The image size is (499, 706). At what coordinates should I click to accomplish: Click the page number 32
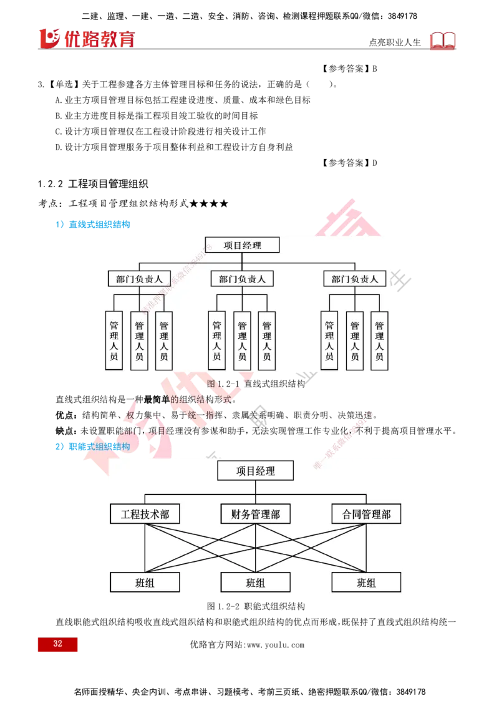[x=57, y=644]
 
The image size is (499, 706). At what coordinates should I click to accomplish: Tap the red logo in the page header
[x=87, y=38]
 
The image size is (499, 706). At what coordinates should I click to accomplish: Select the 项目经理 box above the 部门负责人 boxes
[x=242, y=245]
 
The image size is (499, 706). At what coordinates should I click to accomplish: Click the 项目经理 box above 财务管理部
[x=255, y=471]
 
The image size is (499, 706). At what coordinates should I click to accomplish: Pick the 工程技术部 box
[x=145, y=515]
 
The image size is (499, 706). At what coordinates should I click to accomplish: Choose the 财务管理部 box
[x=255, y=515]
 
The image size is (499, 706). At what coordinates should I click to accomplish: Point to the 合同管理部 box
[x=366, y=515]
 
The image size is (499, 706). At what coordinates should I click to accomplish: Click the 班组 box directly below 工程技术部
[x=145, y=583]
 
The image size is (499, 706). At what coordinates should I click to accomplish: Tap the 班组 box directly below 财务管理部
[x=255, y=583]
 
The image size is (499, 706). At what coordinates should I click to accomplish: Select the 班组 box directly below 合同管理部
[x=366, y=583]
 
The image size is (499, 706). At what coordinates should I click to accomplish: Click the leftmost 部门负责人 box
[x=135, y=279]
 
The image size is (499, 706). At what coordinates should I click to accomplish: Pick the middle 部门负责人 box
[x=242, y=279]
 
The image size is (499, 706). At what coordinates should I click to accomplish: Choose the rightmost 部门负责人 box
[x=355, y=279]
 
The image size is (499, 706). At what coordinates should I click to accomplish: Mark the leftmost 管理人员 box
[x=114, y=341]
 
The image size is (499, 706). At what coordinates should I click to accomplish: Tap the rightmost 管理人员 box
[x=379, y=341]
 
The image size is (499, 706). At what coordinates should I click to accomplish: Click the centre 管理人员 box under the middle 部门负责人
[x=242, y=341]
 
